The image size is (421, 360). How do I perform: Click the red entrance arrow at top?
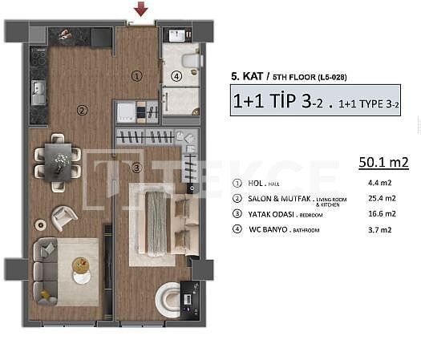click(x=141, y=9)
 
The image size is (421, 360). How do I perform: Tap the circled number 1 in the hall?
click(x=136, y=76)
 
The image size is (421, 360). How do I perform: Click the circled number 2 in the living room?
click(x=81, y=110)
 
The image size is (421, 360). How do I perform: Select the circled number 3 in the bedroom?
click(x=136, y=168)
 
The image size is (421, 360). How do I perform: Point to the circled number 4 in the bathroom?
click(x=176, y=77)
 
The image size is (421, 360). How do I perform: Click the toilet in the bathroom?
click(x=190, y=60)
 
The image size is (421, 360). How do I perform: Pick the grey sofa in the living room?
click(x=44, y=269)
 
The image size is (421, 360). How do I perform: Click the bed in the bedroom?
click(x=160, y=220)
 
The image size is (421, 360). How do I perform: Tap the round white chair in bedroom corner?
click(x=170, y=299)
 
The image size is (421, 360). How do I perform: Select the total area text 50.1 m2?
click(x=383, y=163)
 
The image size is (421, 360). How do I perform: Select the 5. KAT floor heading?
click(x=245, y=78)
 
